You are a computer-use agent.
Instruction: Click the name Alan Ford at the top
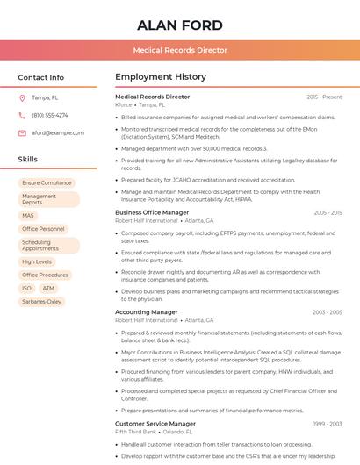coord(180,25)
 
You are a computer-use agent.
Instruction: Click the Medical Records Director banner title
coord(180,51)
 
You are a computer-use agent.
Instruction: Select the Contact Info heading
coord(41,77)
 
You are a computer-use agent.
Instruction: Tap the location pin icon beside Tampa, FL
coord(22,97)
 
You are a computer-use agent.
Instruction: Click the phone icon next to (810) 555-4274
coord(22,115)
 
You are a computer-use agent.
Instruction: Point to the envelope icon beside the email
coord(22,132)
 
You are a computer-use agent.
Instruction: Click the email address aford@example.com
coord(58,132)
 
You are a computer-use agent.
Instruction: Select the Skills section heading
coord(28,160)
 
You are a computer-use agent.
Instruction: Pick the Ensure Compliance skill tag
coord(47,183)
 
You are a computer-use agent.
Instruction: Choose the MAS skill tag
coord(28,216)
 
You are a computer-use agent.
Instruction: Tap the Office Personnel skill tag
coord(43,229)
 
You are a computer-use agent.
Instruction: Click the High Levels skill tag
coord(37,261)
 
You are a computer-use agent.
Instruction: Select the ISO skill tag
coord(26,288)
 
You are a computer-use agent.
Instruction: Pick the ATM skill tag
coord(48,288)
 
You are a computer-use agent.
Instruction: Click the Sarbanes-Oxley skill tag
coord(42,301)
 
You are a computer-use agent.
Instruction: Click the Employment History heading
coord(161,77)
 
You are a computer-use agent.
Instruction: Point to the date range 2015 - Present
coord(324,97)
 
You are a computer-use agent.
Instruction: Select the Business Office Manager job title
coord(152,212)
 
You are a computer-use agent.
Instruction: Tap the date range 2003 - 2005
coord(328,311)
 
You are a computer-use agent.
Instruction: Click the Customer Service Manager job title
coord(155,424)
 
